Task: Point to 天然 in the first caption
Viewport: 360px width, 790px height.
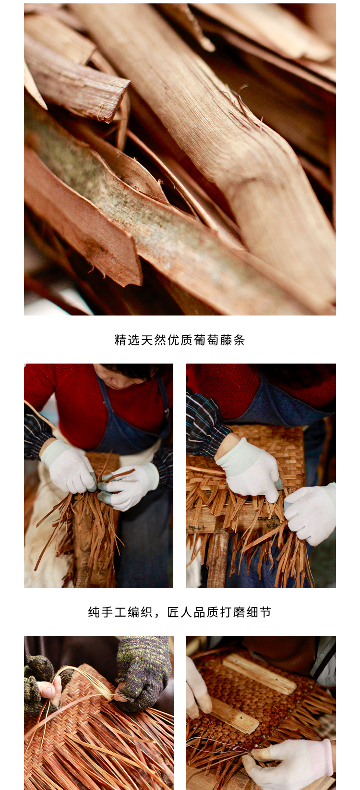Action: pos(154,340)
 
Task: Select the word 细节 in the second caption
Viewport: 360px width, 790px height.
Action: pos(259,612)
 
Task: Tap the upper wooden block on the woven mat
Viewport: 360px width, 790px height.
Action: pos(260,673)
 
